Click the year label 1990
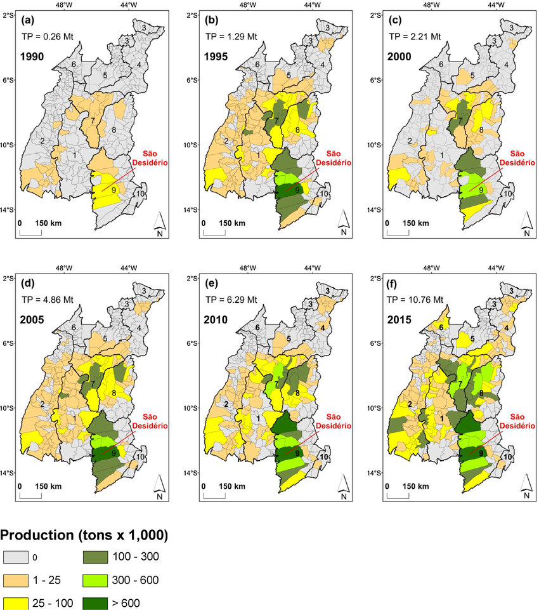coord(32,56)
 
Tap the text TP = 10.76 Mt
coord(415,300)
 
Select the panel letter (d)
coord(28,284)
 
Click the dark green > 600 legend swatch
coord(95,603)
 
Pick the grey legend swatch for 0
coord(16,557)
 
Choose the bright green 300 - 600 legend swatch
coord(95,580)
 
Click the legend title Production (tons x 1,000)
coord(84,535)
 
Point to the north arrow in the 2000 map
coord(526,224)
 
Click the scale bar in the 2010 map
coord(214,494)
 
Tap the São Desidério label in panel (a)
coord(150,158)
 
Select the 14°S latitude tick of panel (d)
coord(8,473)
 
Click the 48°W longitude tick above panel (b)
coord(247,5)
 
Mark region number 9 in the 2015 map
coord(481,453)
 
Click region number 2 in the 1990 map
coord(42,141)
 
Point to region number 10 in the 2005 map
coord(140,457)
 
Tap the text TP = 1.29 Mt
coord(231,37)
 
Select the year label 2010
coord(216,320)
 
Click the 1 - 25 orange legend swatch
coord(16,580)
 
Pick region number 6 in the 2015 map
coord(441,328)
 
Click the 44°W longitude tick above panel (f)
coord(497,268)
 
